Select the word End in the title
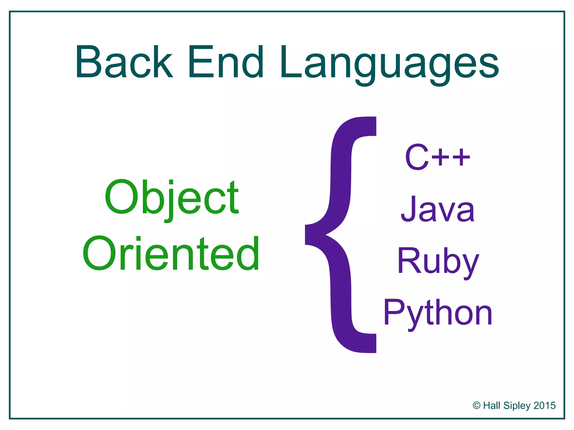(226, 62)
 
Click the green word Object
(172, 197)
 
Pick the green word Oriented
(171, 253)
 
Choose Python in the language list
(438, 313)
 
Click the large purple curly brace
(341, 235)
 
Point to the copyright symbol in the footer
(476, 405)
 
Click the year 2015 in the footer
(545, 405)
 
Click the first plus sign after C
(442, 157)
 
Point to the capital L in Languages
(290, 62)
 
